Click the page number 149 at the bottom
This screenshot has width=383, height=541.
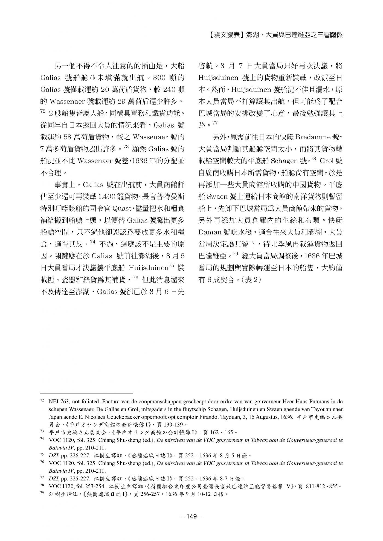191,516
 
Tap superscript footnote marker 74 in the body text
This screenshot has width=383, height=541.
92,242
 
